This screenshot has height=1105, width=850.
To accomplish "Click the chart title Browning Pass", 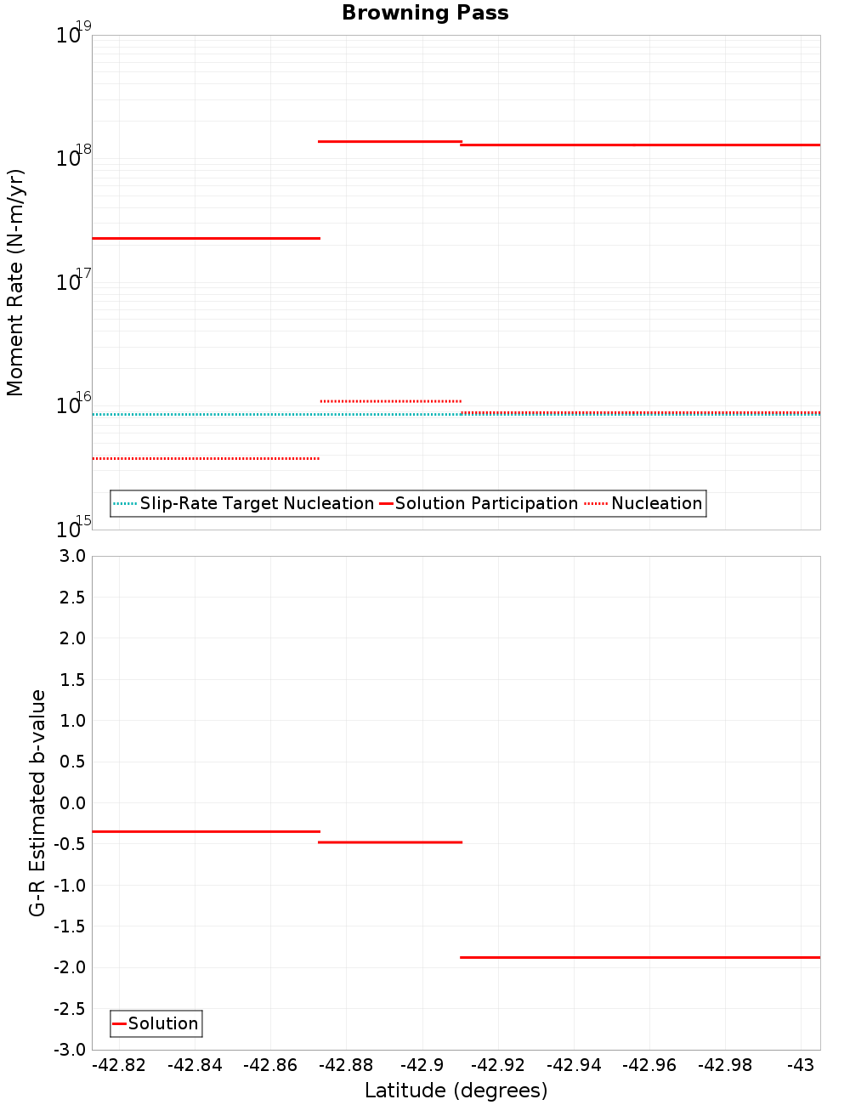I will (x=425, y=13).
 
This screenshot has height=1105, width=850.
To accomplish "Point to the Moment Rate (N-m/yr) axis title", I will (x=15, y=282).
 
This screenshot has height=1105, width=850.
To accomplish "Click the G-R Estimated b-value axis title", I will (x=37, y=802).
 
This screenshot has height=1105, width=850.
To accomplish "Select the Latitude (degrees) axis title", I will (x=456, y=1091).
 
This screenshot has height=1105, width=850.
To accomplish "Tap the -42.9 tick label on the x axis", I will (x=422, y=1065).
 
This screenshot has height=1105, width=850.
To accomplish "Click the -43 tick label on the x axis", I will (x=801, y=1065).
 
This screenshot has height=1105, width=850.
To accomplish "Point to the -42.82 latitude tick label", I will (x=119, y=1065).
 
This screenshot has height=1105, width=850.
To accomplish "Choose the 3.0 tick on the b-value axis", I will (x=72, y=556).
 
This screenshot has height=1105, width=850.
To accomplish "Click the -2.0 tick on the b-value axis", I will (x=70, y=967).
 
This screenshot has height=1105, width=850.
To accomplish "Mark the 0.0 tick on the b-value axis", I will (x=72, y=803).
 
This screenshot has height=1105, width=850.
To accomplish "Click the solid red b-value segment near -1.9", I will (x=639, y=957).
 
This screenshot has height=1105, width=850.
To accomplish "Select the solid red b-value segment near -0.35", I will (x=206, y=831).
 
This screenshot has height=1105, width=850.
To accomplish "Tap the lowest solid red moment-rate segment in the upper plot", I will (x=206, y=238).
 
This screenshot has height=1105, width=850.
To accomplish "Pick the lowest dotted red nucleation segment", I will (x=206, y=458).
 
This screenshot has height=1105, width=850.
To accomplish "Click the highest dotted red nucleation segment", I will (x=391, y=400).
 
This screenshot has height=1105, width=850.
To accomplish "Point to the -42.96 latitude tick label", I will (x=649, y=1065).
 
